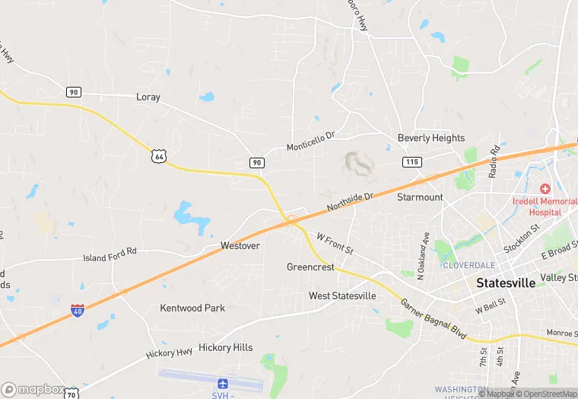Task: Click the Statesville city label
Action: [x=505, y=282]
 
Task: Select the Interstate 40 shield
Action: [x=78, y=311]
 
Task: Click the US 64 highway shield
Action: [x=158, y=156]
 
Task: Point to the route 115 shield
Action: [x=411, y=162]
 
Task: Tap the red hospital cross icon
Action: [x=545, y=188]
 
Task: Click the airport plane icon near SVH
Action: [x=223, y=384]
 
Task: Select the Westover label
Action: [x=240, y=246]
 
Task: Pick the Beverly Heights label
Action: [x=431, y=138]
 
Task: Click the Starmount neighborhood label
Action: [x=420, y=197]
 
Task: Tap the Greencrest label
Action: [x=310, y=267]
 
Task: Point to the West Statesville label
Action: [x=342, y=295]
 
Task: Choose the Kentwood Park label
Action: [x=192, y=308]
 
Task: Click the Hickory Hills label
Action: [x=225, y=347]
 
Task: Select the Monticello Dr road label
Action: [x=310, y=141]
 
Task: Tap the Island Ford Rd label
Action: [x=110, y=254]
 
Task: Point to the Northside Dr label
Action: [x=351, y=202]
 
